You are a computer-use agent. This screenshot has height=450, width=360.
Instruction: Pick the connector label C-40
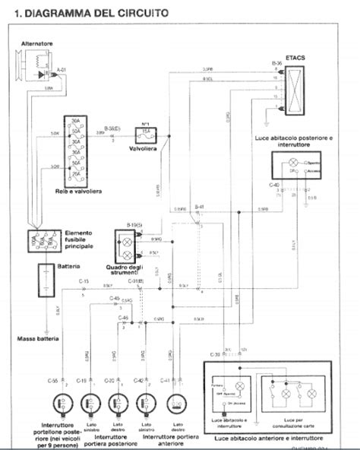[274, 184]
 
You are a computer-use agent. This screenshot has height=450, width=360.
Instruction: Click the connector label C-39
[214, 354]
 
